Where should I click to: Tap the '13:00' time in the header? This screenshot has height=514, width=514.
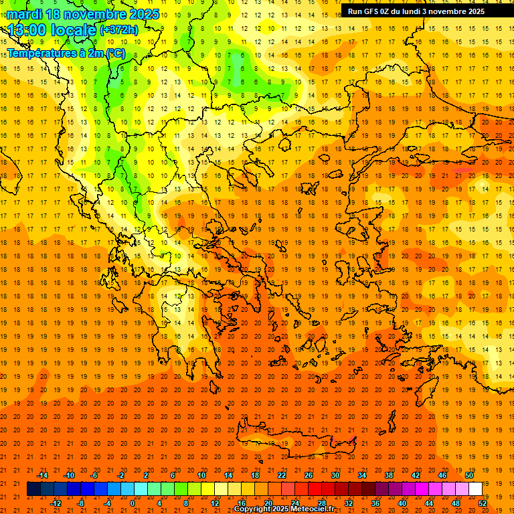click(x=27, y=29)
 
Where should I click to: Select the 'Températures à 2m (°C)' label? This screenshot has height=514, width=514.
click(x=66, y=53)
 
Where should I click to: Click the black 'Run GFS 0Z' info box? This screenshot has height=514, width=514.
click(x=426, y=11)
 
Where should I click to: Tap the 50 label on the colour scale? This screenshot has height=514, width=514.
click(x=469, y=475)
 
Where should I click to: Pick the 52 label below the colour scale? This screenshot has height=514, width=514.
click(x=483, y=503)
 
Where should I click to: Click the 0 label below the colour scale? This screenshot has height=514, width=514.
click(x=133, y=503)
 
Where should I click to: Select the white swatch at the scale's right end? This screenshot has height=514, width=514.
click(x=476, y=489)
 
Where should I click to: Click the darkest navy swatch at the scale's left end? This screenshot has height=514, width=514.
click(x=33, y=489)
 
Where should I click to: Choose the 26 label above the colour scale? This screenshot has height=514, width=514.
click(x=309, y=475)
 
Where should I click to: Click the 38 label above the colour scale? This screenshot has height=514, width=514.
click(x=389, y=475)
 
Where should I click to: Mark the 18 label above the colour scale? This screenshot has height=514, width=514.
click(x=255, y=475)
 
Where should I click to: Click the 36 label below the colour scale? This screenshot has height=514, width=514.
click(x=375, y=503)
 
